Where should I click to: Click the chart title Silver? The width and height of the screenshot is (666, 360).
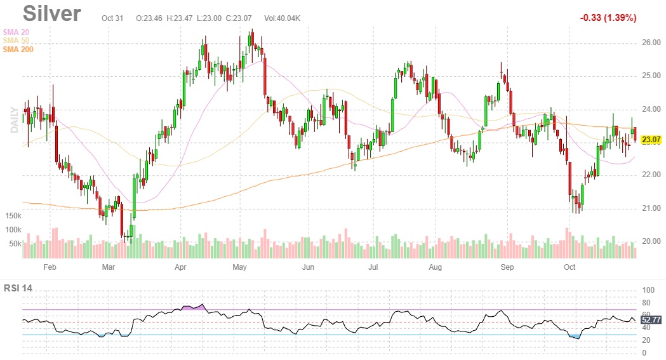(51, 14)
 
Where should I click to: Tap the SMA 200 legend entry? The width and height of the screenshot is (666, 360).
(18, 50)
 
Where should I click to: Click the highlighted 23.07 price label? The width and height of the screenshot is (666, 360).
(651, 140)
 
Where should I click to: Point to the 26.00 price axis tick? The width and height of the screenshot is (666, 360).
(651, 43)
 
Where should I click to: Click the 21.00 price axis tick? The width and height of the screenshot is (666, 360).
(651, 208)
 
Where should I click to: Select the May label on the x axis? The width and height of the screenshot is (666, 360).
(239, 267)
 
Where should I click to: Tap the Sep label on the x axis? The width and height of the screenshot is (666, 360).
(507, 267)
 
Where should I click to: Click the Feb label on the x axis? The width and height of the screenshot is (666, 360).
(50, 267)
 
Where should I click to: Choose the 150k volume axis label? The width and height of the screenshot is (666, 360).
(13, 216)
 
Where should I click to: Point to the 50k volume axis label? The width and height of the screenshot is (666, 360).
(15, 244)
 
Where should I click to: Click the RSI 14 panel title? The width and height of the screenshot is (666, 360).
(18, 288)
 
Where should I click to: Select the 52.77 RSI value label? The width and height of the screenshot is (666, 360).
(652, 319)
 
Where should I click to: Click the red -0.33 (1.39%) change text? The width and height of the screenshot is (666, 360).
(608, 18)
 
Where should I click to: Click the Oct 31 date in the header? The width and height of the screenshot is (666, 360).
(112, 18)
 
